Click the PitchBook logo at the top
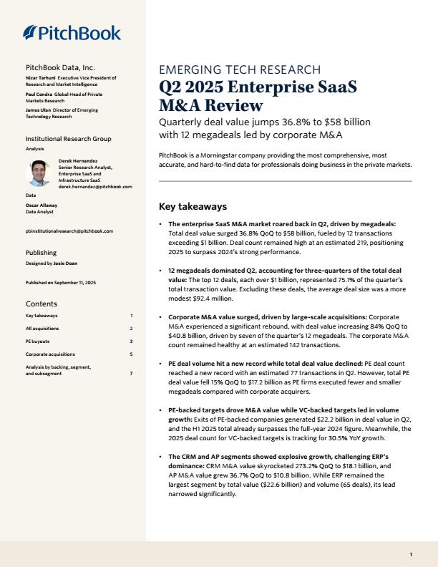pos(72,33)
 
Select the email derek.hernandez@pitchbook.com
pos(95,186)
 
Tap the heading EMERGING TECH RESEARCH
pos(240,69)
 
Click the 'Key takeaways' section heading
pos(193,207)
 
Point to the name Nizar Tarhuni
pos(40,77)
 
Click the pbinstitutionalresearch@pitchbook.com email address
pos(69,232)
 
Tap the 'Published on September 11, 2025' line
pos(61,283)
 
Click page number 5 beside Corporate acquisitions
pos(131,354)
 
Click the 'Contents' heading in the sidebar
pos(42,304)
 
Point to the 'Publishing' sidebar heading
pos(41,253)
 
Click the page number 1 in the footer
pos(411,554)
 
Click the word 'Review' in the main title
pos(231,105)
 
